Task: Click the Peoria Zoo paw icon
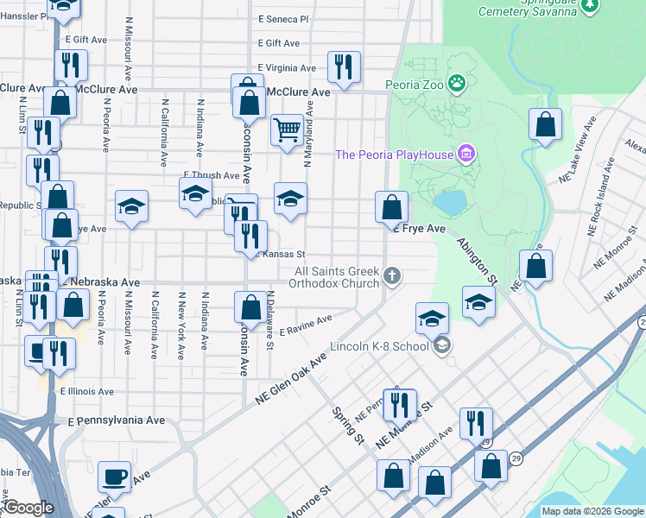(456, 84)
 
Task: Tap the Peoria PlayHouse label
(396, 155)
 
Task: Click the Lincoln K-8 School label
(379, 347)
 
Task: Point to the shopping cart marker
(287, 130)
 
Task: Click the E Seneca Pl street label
(283, 18)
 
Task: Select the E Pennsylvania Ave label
(117, 420)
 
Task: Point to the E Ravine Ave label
(306, 326)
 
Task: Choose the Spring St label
(347, 424)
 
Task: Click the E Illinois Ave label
(86, 391)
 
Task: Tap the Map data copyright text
(592, 511)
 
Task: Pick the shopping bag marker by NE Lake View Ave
(545, 124)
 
